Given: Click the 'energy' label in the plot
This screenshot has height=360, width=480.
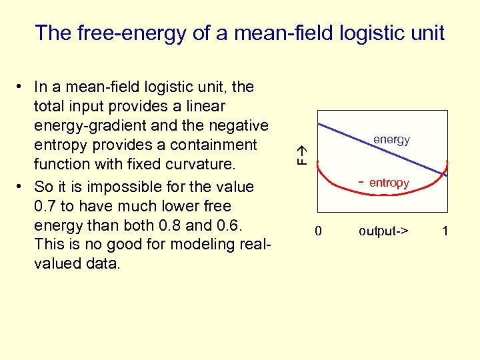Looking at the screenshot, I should point(391,140).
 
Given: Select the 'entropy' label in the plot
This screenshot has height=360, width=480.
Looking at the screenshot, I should point(389,183).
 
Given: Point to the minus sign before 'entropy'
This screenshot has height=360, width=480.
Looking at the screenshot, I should point(361,181).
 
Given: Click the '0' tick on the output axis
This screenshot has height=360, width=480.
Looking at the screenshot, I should point(318,231).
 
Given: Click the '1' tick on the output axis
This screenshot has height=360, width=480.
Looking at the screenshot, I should point(445,231).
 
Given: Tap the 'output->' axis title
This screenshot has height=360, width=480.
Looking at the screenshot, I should point(383,231).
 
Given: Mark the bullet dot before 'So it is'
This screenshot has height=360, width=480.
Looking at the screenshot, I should point(22,187).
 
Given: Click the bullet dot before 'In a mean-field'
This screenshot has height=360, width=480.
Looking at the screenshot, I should point(22,87).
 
